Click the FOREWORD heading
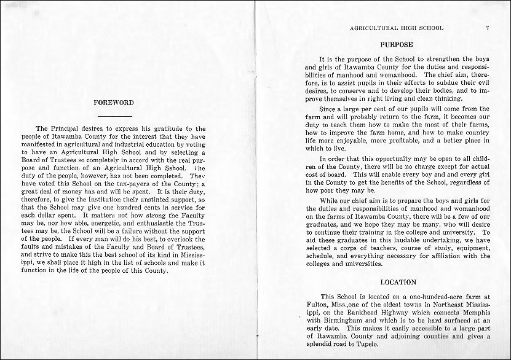[x=113, y=103]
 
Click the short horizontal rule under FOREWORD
[x=114, y=115]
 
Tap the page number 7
[x=486, y=28]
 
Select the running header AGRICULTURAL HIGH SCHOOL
[x=396, y=28]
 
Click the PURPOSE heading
[x=397, y=45]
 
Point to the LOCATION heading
[x=398, y=282]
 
